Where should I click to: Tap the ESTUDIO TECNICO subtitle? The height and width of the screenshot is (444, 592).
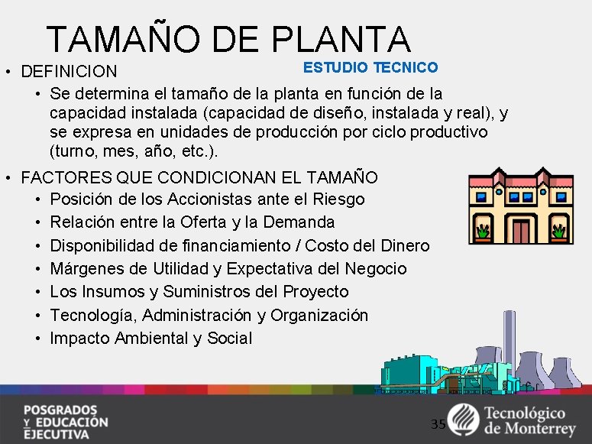[x=370, y=67]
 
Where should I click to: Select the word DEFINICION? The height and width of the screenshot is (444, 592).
[x=70, y=72]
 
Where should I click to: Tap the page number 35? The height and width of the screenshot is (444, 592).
[x=438, y=424]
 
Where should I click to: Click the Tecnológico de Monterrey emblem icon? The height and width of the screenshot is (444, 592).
[x=463, y=420]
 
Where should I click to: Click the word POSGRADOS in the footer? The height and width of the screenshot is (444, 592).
[x=60, y=408]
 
